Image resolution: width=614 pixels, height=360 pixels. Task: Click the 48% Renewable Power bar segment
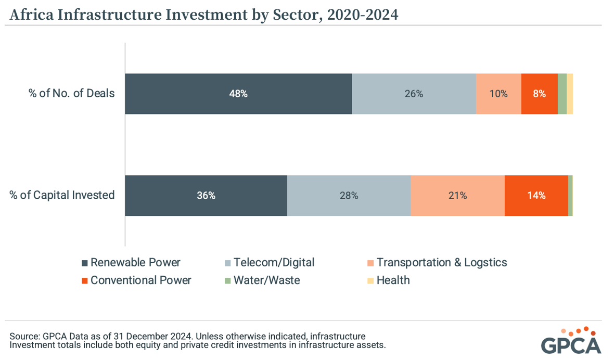pyautogui.click(x=238, y=94)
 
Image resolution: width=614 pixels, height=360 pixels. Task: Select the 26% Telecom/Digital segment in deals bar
pyautogui.click(x=414, y=94)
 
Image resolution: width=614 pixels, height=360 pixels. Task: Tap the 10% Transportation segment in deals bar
pyautogui.click(x=498, y=94)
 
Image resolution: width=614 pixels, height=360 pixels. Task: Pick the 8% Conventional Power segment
pyautogui.click(x=539, y=94)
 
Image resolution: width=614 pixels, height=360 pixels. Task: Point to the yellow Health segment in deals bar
pyautogui.click(x=570, y=94)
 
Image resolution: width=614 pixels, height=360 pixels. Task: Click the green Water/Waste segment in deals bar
pyautogui.click(x=562, y=94)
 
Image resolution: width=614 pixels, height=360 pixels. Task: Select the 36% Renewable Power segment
pyautogui.click(x=206, y=196)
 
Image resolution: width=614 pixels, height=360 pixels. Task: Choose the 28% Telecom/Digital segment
pyautogui.click(x=349, y=196)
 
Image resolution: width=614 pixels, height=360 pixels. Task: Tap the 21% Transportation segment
pyautogui.click(x=457, y=196)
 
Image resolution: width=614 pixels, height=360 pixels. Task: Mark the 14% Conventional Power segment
pyautogui.click(x=536, y=196)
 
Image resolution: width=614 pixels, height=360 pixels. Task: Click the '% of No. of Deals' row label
pyautogui.click(x=71, y=94)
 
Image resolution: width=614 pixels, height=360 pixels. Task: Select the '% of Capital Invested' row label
pyautogui.click(x=62, y=196)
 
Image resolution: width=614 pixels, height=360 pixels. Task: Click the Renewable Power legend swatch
pyautogui.click(x=85, y=263)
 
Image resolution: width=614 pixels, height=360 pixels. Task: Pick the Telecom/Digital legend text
pyautogui.click(x=274, y=263)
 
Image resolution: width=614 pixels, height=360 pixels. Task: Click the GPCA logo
pyautogui.click(x=571, y=340)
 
